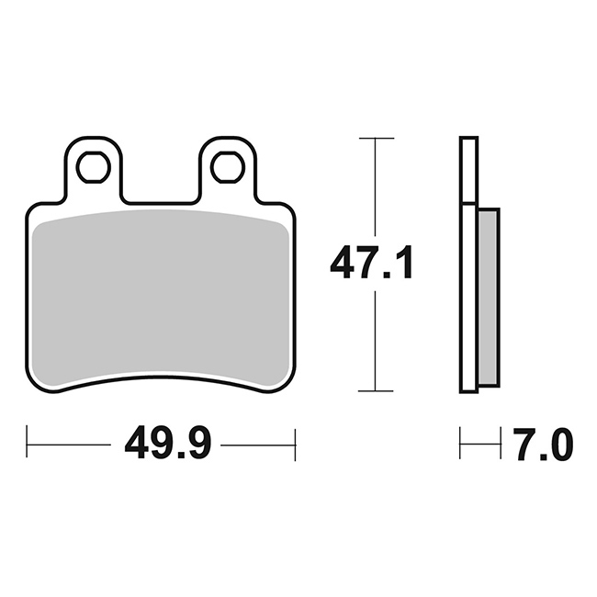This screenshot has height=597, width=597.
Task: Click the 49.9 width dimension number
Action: tap(167, 445)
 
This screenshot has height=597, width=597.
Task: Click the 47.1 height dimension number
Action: tap(371, 263)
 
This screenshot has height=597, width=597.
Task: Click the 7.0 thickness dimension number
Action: tap(544, 445)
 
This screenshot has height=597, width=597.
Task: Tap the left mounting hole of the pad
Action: tap(94, 167)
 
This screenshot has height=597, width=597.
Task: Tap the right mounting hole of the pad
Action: tap(228, 167)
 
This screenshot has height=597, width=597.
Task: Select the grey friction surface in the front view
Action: tap(161, 297)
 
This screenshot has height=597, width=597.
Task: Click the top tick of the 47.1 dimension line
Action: tap(377, 138)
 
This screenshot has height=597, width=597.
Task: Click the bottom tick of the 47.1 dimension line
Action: tap(376, 390)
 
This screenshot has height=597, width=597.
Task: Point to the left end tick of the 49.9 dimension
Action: tap(27, 442)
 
